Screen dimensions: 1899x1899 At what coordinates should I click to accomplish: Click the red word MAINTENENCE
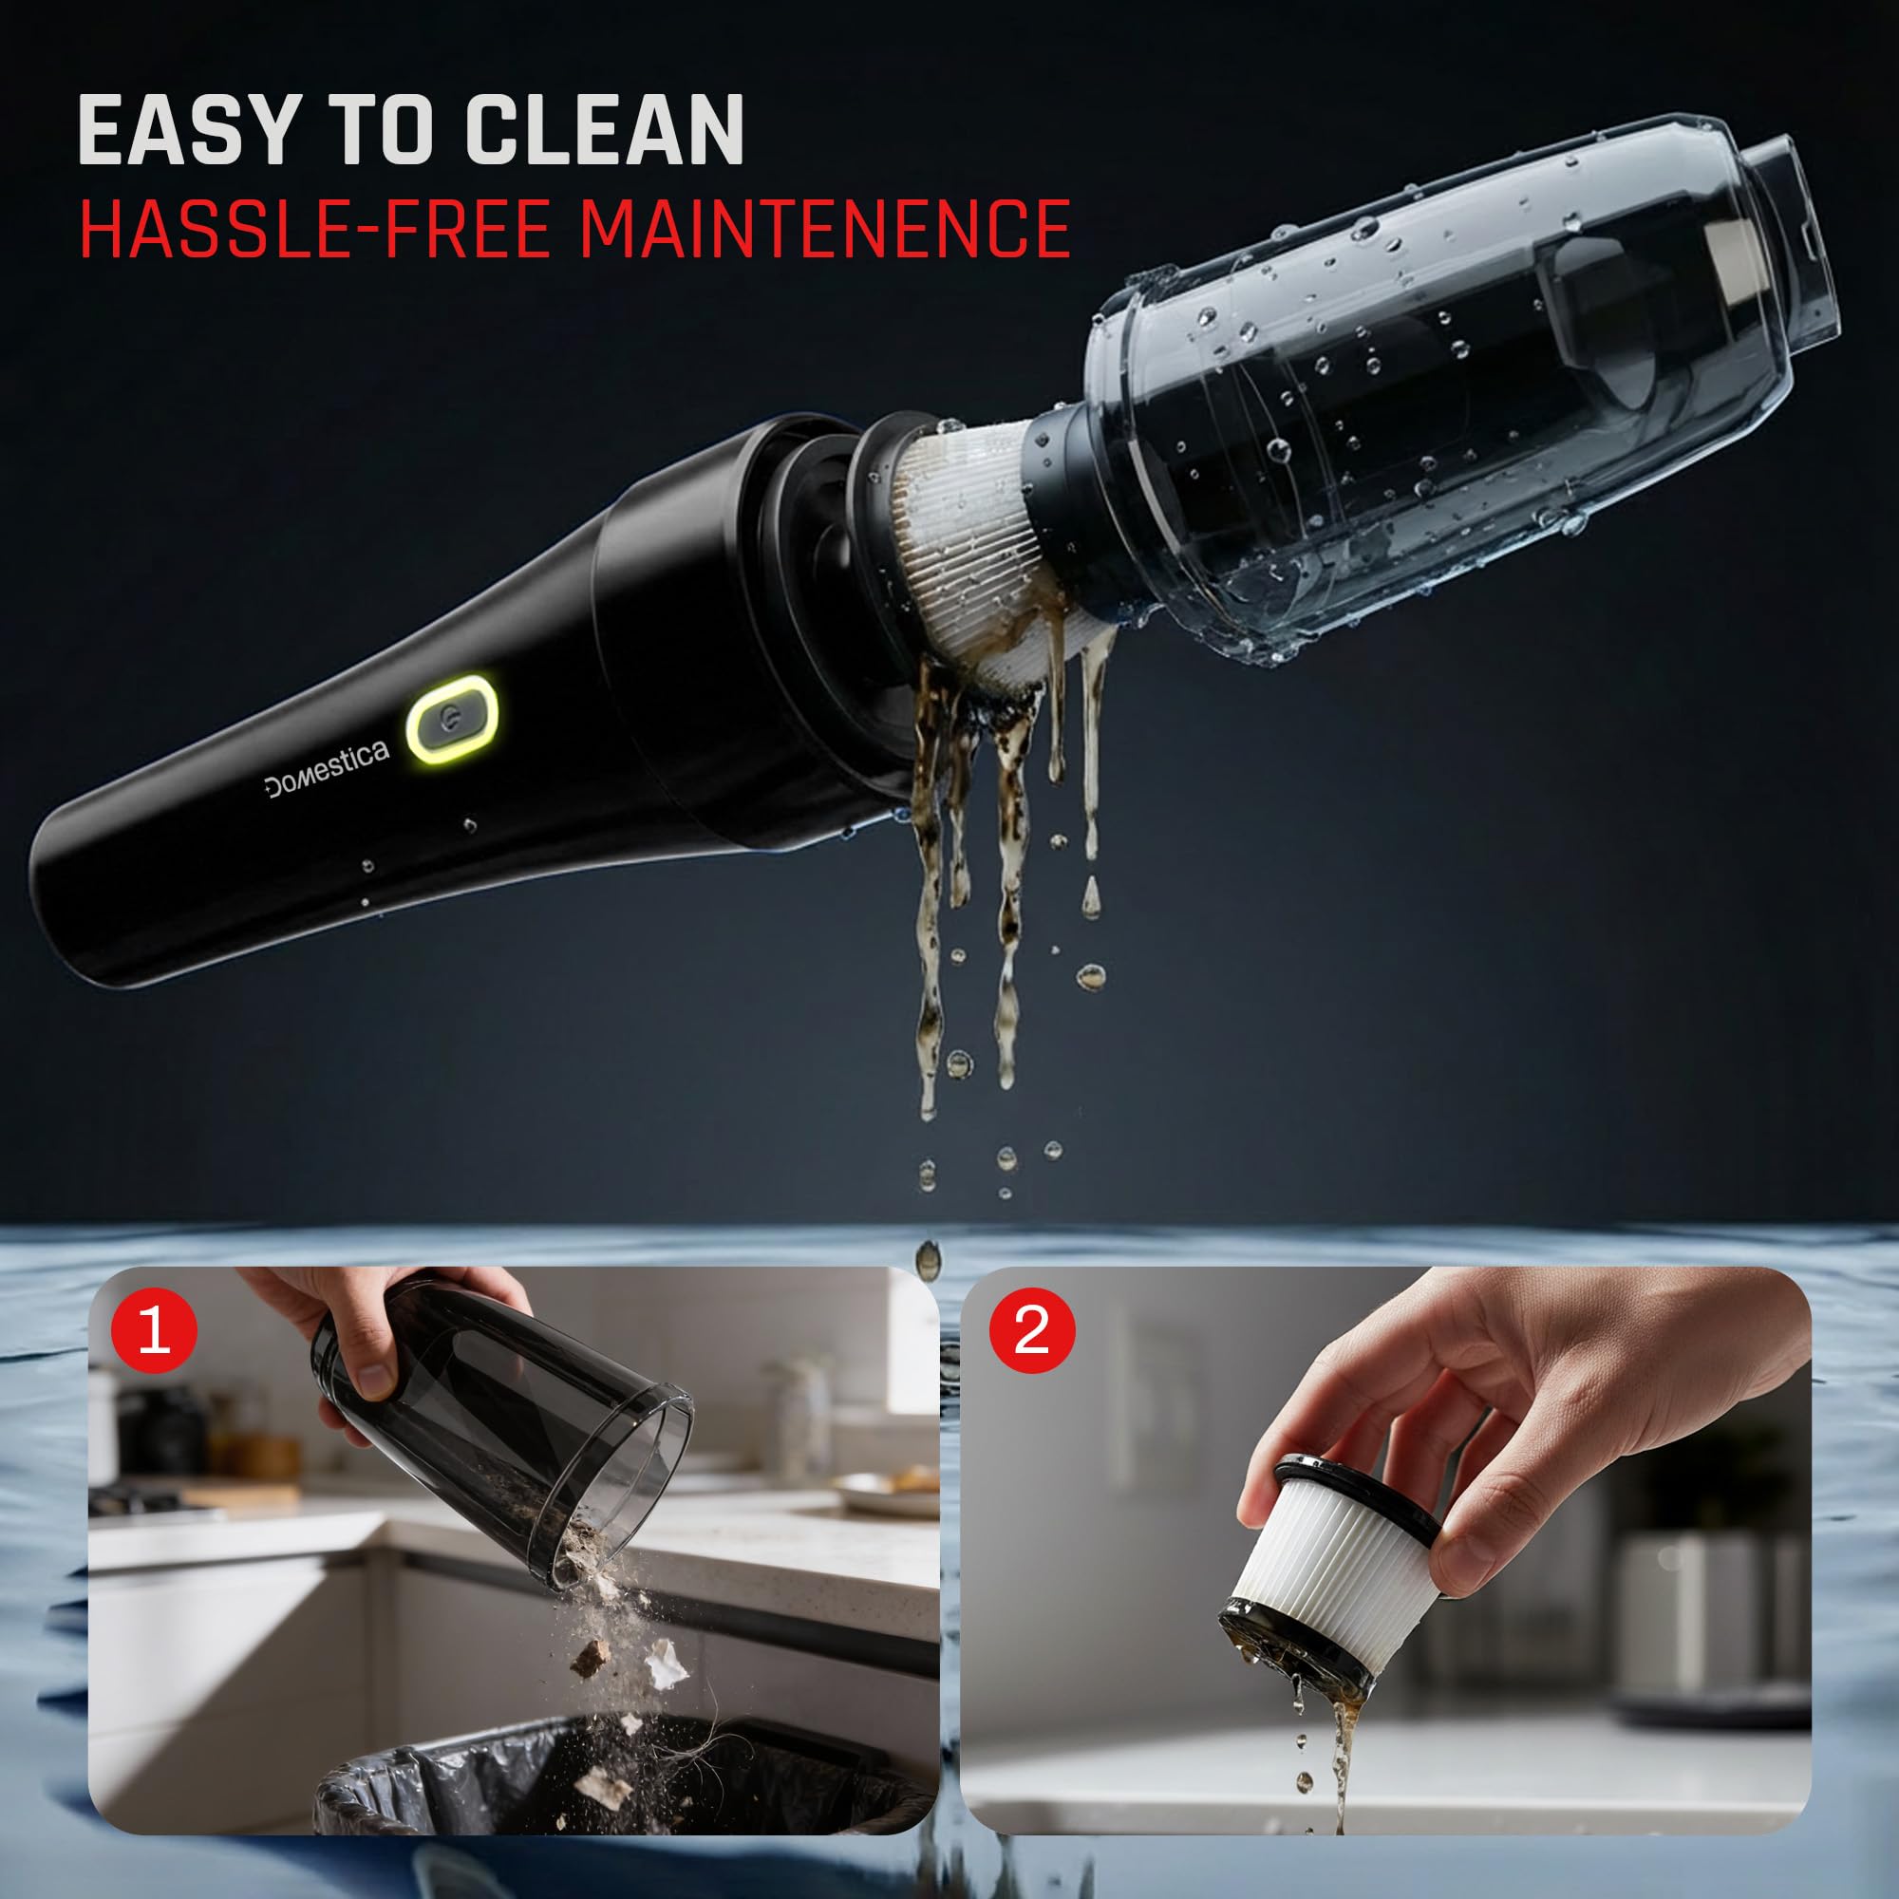(823, 229)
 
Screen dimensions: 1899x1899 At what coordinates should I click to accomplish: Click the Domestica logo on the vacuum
(327, 769)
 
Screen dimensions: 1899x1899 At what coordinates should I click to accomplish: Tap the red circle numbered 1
(155, 1331)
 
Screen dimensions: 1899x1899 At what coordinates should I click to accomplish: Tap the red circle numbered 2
(1031, 1331)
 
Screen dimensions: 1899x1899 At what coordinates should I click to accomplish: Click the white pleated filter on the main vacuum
(958, 551)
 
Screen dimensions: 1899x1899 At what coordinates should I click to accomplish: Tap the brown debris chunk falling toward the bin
(590, 1655)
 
